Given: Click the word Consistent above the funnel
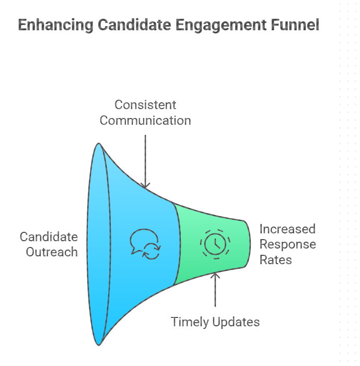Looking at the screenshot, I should coord(145,104).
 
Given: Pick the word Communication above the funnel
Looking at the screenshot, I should coord(145,121).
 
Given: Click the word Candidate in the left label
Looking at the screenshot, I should coord(49,237).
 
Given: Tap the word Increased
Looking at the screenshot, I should coord(287,229).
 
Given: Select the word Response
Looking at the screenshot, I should coord(287,244).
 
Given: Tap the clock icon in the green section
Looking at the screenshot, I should coord(213,243).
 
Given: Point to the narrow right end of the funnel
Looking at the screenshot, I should coord(247,243).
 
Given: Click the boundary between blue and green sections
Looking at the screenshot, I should coord(176,243).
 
